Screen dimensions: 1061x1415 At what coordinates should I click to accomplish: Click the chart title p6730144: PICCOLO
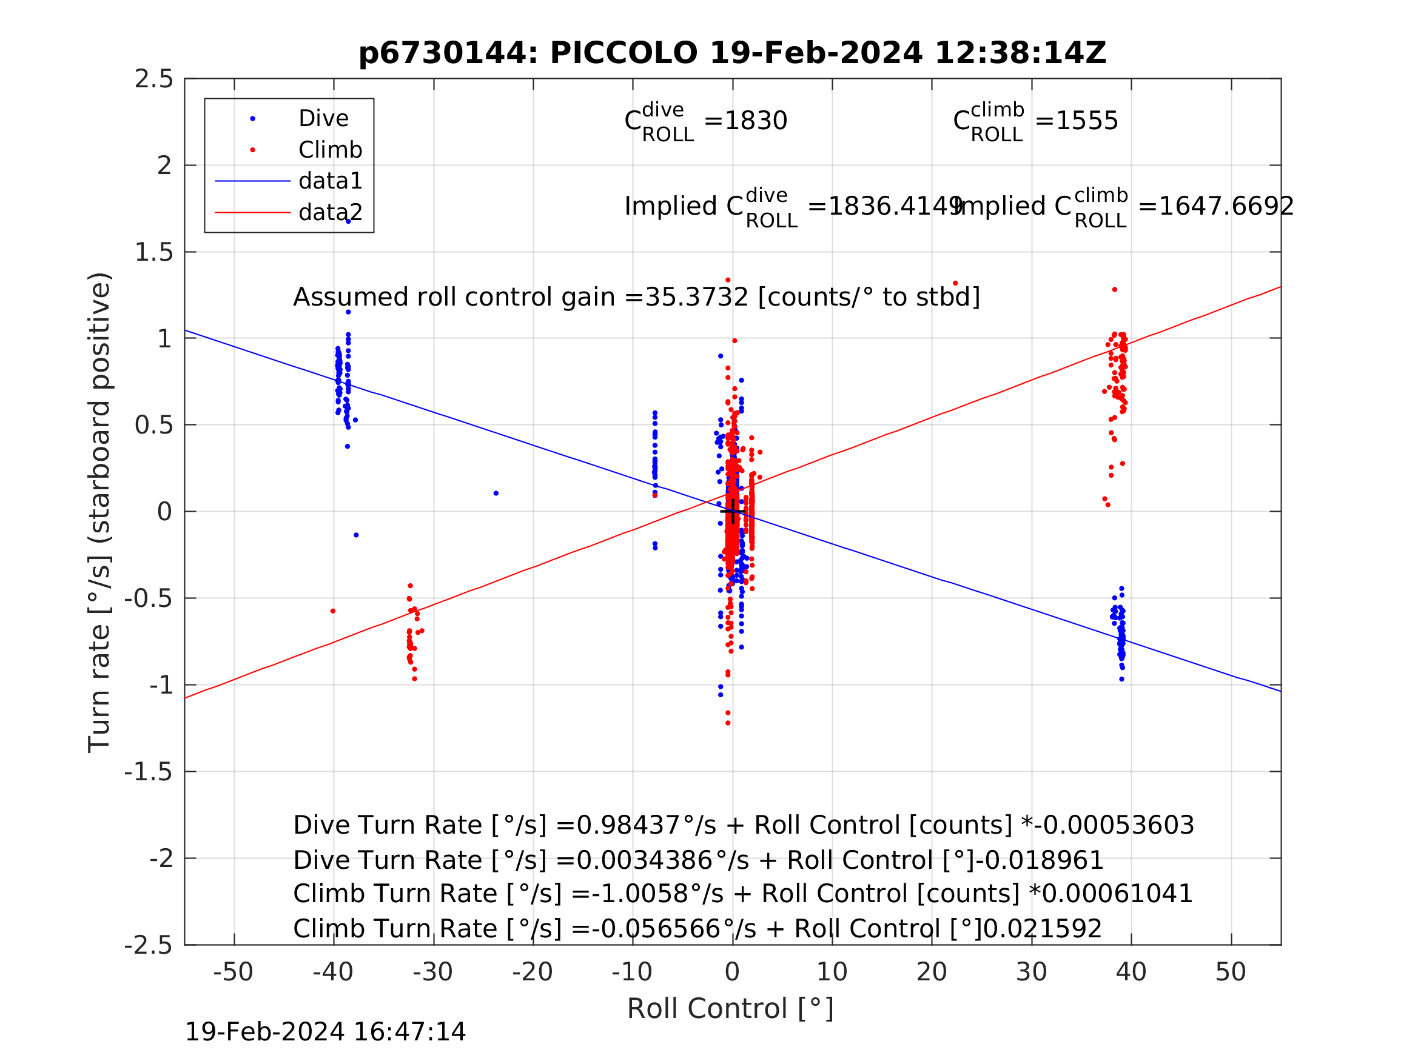click(x=732, y=53)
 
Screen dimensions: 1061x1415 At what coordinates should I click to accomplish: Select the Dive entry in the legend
click(x=323, y=119)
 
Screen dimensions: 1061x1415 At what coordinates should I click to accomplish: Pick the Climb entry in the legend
click(x=330, y=150)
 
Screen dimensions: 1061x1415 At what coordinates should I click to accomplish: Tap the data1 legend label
click(x=330, y=182)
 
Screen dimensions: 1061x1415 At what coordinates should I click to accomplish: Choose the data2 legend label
click(x=330, y=212)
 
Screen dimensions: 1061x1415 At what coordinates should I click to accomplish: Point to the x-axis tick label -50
click(x=233, y=972)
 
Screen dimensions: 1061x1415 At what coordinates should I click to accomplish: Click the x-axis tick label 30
click(x=1031, y=972)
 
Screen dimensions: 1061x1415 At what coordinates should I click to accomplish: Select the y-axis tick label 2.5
click(x=153, y=79)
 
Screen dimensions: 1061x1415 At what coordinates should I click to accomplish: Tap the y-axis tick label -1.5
click(x=149, y=772)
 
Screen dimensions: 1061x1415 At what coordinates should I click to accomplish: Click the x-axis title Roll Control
click(x=730, y=1009)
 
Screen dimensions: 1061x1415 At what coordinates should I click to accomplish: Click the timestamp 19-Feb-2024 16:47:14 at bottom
click(x=325, y=1033)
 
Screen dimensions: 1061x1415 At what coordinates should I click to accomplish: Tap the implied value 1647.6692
click(x=1225, y=207)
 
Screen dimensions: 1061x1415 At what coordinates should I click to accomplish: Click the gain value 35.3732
click(x=696, y=298)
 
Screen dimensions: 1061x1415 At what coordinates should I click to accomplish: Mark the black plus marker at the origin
click(x=733, y=512)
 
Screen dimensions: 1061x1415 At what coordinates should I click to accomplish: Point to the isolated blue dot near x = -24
click(x=496, y=494)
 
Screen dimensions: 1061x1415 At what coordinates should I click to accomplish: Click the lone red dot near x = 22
click(x=955, y=283)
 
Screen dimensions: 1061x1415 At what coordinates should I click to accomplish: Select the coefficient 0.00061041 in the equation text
click(x=1117, y=894)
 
